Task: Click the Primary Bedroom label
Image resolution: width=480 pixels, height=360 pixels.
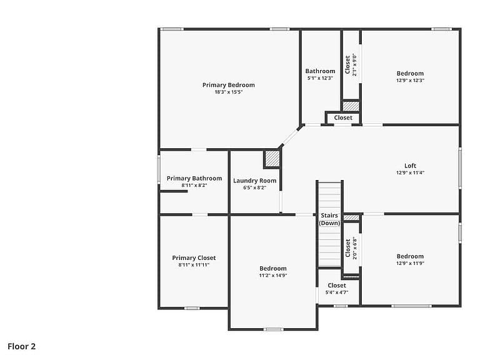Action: coord(228,85)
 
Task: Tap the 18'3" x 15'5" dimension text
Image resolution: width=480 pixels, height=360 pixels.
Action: coord(228,92)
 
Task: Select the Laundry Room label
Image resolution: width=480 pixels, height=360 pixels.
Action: coord(255,181)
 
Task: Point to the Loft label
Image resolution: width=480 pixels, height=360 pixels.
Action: coord(410,166)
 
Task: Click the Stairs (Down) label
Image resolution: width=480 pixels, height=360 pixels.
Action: coord(329,219)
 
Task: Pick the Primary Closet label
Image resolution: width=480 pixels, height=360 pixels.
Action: coord(194,258)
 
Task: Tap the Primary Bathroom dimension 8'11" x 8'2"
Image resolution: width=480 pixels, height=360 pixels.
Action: coord(194,185)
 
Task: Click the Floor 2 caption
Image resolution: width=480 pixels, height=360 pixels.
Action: coord(22,346)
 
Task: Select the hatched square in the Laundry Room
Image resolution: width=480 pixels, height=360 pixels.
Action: coord(272,159)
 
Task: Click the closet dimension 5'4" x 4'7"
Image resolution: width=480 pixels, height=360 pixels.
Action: coord(337,292)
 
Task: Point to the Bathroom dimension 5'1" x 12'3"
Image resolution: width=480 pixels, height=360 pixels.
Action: coord(320,78)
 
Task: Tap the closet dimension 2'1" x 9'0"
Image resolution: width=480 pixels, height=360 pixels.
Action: coord(354,64)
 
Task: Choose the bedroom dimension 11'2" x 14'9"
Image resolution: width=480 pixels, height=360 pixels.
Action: coord(272,275)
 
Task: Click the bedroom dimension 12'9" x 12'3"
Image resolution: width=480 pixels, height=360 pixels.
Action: coord(410,80)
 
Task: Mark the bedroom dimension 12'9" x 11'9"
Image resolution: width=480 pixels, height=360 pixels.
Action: coord(410,263)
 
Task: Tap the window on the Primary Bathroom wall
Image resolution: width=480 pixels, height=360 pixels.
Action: coord(159,169)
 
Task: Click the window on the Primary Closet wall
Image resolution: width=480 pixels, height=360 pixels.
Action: coord(192,308)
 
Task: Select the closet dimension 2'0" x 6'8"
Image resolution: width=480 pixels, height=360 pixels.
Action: coord(355,248)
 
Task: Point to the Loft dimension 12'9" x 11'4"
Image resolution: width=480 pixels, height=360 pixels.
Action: coord(410,172)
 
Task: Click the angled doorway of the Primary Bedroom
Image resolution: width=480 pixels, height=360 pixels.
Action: coord(290,136)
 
